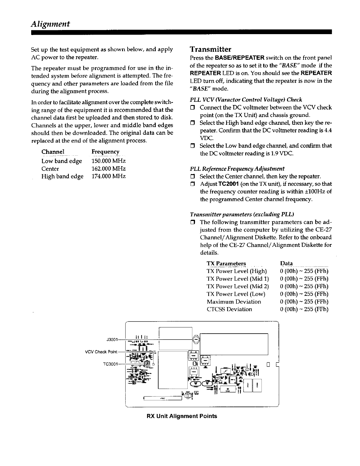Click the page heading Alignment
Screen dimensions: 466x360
[x=50, y=24]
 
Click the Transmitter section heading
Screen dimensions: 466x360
[x=210, y=49]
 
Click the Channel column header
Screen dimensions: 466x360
[x=53, y=152]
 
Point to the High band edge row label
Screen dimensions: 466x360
[x=62, y=177]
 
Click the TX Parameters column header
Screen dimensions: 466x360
[x=226, y=264]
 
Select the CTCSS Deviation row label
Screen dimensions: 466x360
[x=229, y=309]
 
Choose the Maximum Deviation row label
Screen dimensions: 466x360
[x=234, y=302]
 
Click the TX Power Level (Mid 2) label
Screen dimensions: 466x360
[x=238, y=286]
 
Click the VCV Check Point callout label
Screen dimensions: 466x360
[x=101, y=352]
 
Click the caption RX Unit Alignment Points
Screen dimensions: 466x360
[x=182, y=416]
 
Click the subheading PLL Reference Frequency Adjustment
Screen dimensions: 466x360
[x=237, y=169]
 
